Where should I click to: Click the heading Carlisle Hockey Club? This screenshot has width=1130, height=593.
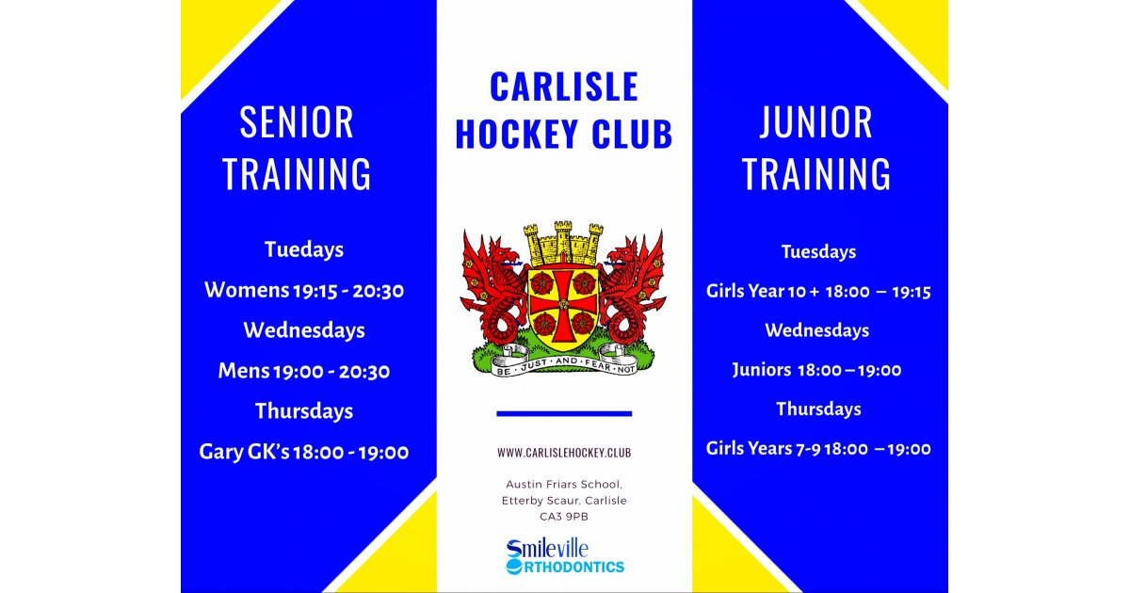(564, 110)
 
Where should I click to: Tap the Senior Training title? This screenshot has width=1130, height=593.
(297, 149)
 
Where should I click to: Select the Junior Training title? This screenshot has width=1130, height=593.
(816, 149)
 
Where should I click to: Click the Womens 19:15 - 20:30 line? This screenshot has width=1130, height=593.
(304, 290)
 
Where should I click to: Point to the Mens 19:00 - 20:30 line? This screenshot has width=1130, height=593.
(304, 371)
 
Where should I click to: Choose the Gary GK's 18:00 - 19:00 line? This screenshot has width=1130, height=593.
(304, 452)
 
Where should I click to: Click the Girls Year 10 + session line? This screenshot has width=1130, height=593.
(818, 292)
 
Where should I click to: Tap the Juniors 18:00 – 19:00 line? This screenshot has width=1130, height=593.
(816, 370)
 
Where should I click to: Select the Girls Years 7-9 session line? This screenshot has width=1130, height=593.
(818, 449)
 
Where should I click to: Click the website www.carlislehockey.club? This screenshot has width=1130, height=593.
(564, 453)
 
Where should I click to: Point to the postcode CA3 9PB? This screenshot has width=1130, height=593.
(564, 516)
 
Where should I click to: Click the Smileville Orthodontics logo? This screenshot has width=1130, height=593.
(564, 556)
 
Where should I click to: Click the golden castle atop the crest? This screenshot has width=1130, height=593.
(563, 243)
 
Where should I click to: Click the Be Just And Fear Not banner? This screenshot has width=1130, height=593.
(563, 360)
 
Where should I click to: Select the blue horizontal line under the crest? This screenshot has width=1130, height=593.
(564, 413)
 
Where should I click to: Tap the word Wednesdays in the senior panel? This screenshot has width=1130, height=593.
(304, 330)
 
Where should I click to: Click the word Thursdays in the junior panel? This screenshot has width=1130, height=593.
(818, 409)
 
